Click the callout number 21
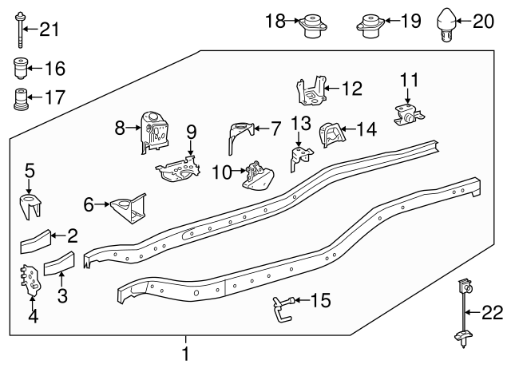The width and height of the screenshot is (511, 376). coord(49,30)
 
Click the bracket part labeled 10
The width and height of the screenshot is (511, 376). coord(256,176)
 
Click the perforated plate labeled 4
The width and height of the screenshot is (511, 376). coord(31,279)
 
